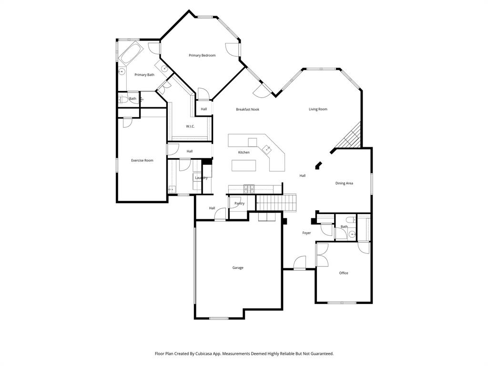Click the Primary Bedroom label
202,56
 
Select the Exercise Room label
142,161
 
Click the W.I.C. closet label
190,126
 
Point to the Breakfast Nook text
247,110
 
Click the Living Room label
318,110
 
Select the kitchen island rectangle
244,165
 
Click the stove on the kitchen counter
249,189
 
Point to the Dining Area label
344,183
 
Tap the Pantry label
239,204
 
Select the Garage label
238,268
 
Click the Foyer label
306,233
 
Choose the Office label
344,273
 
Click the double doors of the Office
322,254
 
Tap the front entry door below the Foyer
299,264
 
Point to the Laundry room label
201,178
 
